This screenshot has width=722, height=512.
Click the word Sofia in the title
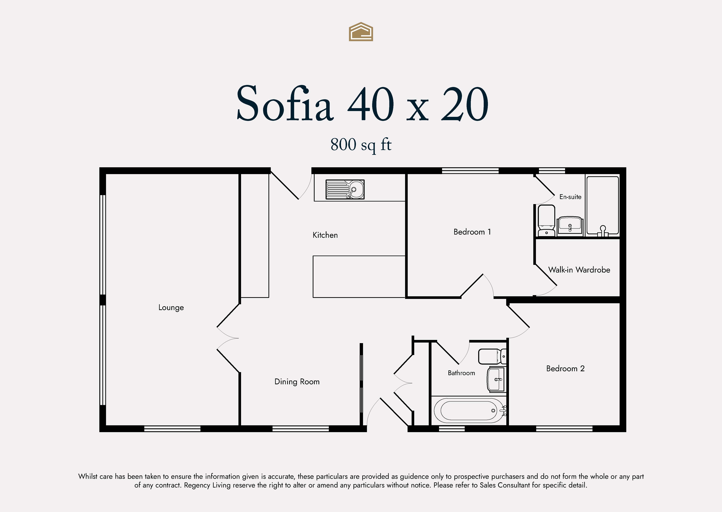[285, 103]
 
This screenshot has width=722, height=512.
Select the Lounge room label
[171, 307]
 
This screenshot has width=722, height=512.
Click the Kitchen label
[325, 235]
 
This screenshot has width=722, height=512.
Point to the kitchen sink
[345, 189]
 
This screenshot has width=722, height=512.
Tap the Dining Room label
[297, 382]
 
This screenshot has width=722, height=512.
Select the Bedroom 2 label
[565, 368]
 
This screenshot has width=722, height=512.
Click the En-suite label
[570, 197]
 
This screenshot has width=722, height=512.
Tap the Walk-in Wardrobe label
[579, 270]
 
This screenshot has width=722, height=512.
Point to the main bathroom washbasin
[496, 379]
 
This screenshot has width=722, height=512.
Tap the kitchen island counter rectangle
[359, 276]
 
